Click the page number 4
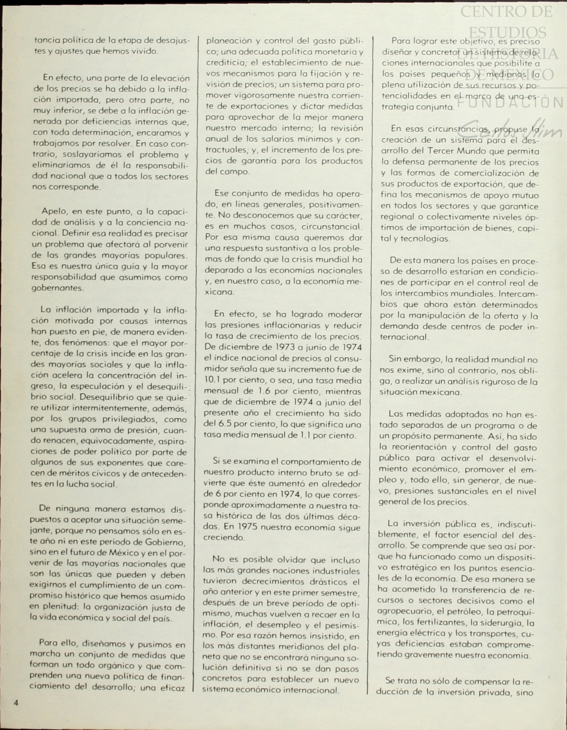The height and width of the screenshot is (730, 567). [x=16, y=702]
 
